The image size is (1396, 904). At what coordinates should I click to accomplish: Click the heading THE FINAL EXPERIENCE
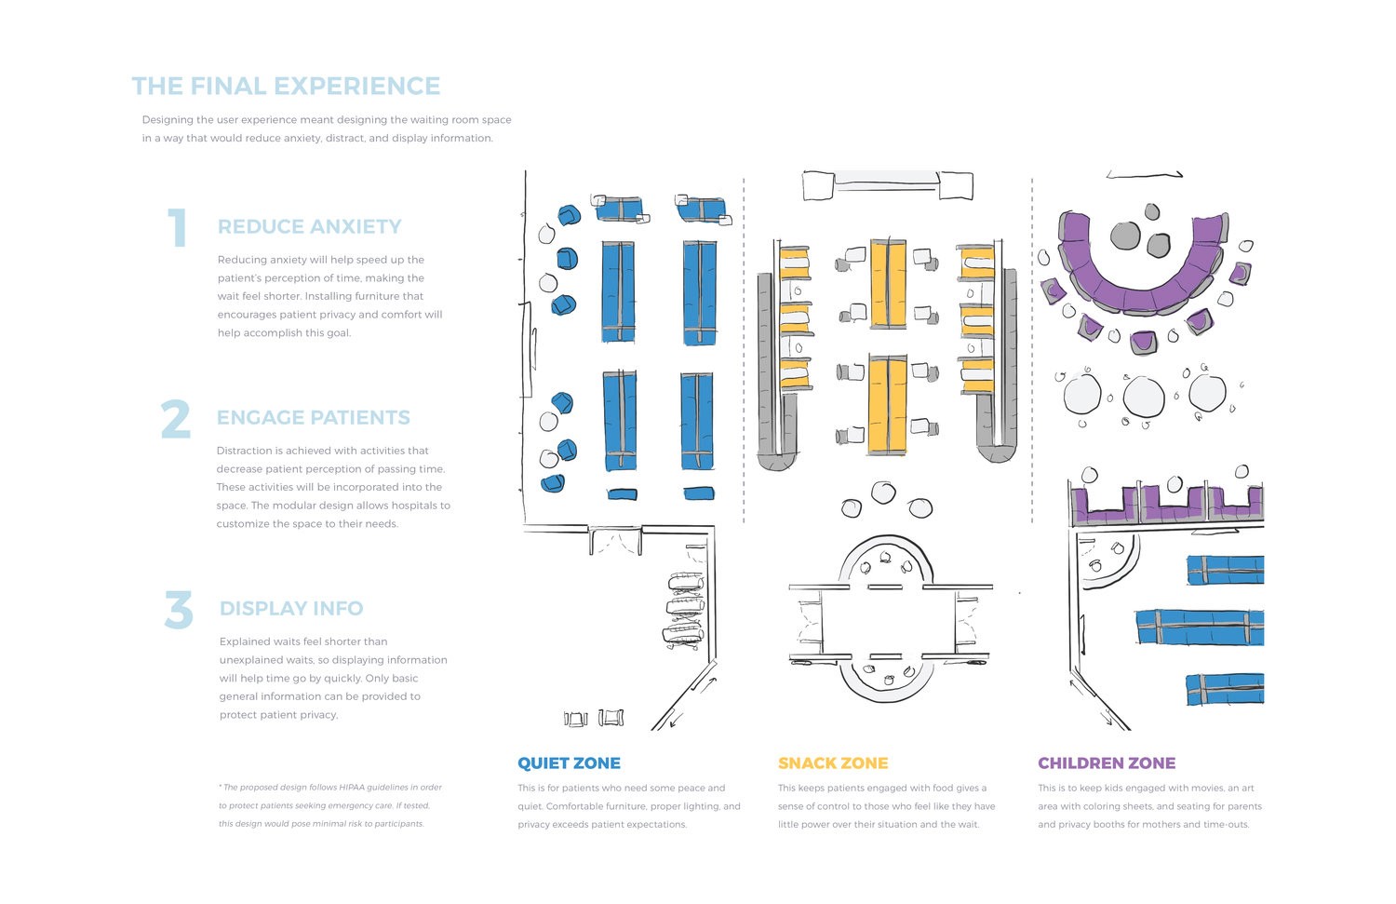tap(286, 87)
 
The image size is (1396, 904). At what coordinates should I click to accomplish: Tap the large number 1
tap(177, 228)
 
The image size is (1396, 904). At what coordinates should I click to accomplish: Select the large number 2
tap(175, 419)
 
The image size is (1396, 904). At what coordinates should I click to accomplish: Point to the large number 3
tap(179, 611)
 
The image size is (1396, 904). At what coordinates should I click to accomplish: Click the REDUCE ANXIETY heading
tap(310, 227)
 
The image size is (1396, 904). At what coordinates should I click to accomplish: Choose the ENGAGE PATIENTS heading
tap(314, 418)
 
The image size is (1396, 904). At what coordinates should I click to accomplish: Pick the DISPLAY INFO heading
tap(291, 609)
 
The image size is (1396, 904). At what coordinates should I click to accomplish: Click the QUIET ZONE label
tap(569, 763)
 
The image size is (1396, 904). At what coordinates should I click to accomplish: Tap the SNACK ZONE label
tap(833, 763)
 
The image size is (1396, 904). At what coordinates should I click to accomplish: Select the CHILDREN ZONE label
tap(1107, 763)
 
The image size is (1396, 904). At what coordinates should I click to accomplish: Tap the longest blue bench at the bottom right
tap(1200, 627)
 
